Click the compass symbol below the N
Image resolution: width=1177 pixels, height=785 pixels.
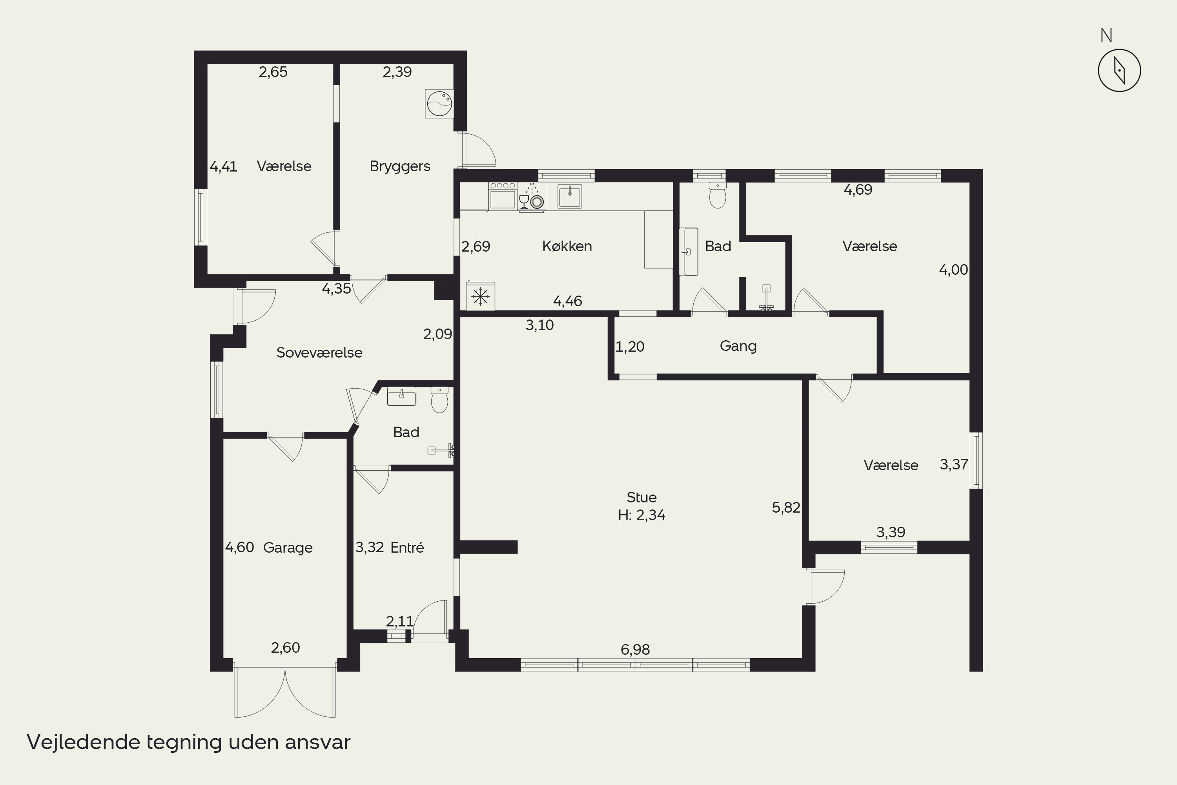coord(1119,70)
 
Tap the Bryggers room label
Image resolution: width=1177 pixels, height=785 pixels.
coord(400,166)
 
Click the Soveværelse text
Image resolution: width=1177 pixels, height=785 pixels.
coord(319,352)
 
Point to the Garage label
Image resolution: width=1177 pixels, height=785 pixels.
coord(288,548)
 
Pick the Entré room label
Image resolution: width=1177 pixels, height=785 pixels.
coord(407,547)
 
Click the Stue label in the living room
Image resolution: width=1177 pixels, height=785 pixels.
coord(641,497)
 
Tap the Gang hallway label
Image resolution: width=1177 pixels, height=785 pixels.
coord(738,346)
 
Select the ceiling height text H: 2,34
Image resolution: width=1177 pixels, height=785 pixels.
coord(641,515)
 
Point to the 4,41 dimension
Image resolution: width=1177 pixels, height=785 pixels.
coord(223,167)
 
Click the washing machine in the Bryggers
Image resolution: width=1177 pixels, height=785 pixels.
coord(439,104)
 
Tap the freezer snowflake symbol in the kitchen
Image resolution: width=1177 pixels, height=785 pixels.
coord(480,296)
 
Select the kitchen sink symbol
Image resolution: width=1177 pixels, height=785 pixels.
coord(570,196)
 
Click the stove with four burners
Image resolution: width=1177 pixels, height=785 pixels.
coord(503,196)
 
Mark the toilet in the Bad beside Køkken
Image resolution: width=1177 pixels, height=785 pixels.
coord(718,195)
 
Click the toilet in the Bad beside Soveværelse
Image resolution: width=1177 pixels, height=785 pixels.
coord(439,400)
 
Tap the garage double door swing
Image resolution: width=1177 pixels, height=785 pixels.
coord(285,692)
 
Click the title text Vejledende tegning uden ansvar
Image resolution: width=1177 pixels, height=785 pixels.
coord(188,742)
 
